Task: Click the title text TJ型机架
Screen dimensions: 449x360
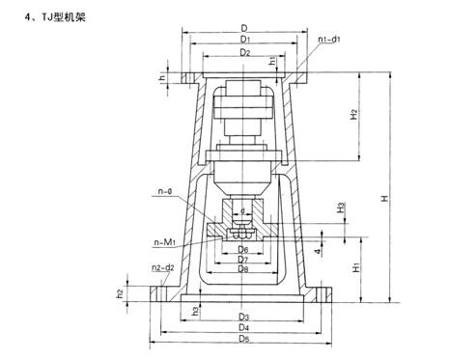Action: [x=64, y=17]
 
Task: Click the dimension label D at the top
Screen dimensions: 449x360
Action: [x=244, y=28]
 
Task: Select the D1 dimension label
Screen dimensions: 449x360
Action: [x=245, y=40]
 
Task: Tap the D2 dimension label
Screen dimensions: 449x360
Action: [x=245, y=52]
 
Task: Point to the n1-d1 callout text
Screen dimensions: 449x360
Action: [x=329, y=40]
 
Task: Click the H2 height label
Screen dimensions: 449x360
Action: [x=353, y=115]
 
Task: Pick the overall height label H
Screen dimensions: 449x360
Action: [x=384, y=198]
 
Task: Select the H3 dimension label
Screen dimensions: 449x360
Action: [x=341, y=208]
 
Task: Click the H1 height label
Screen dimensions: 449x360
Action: [x=355, y=267]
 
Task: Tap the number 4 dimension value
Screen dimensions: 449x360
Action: [x=318, y=252]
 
